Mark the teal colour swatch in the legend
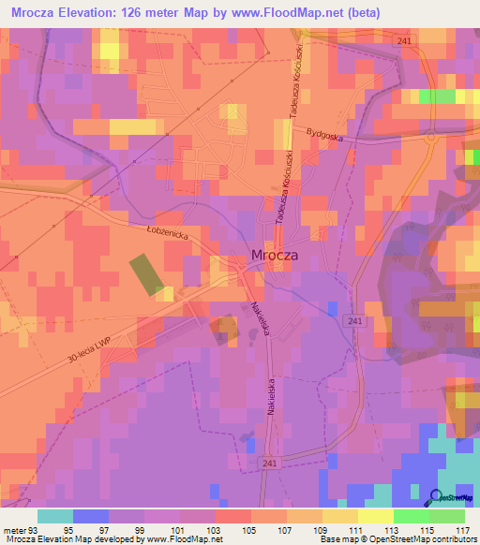click(x=54, y=516)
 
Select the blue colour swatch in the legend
click(x=90, y=516)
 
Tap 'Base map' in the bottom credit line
click(x=337, y=539)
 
